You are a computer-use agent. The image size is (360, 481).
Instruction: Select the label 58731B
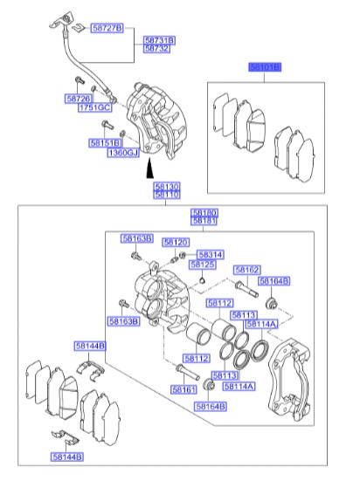click(159, 40)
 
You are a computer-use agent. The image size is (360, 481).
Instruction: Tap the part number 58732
click(157, 50)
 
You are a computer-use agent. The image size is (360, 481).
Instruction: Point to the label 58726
click(80, 99)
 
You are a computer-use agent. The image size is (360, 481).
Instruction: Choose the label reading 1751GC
click(95, 107)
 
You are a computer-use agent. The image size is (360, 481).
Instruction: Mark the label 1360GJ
click(124, 152)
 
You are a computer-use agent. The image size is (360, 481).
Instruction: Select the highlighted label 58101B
click(265, 66)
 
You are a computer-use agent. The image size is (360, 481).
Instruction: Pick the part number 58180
click(205, 213)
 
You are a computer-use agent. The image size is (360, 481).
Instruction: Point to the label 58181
click(205, 222)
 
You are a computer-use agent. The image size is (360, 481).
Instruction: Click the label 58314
click(211, 254)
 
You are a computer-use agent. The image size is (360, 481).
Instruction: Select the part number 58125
click(204, 264)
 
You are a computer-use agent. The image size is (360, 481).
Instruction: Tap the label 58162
click(247, 271)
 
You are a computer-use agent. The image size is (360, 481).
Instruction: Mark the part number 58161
click(183, 389)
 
